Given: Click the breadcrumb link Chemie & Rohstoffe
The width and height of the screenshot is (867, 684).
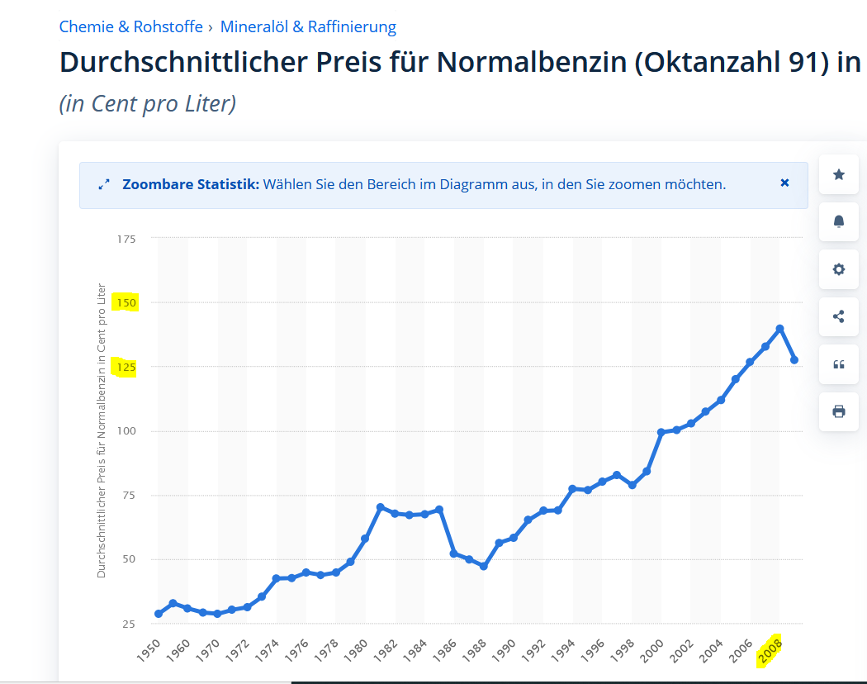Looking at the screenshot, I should (x=130, y=26).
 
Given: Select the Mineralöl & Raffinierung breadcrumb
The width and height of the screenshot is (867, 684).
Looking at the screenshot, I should (x=308, y=26).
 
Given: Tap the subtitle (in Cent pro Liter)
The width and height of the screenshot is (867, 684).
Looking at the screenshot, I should (x=148, y=104).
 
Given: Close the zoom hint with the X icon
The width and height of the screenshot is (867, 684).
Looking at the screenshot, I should (x=784, y=183).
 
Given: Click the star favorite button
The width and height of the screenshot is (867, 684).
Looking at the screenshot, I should (x=839, y=174).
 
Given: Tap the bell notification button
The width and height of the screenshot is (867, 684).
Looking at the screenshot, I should (x=839, y=221).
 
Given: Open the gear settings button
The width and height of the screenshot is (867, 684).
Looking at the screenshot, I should (x=839, y=269).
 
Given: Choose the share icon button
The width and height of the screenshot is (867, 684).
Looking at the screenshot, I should (x=839, y=316).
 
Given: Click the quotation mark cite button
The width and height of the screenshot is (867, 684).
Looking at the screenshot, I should (x=839, y=364).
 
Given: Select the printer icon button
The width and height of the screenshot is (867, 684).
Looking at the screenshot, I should (x=839, y=411).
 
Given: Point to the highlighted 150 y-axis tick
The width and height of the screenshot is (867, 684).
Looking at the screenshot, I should (x=126, y=303).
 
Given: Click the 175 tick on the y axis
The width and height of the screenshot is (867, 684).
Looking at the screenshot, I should (x=126, y=239).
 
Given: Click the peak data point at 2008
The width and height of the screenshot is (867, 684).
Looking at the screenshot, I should (x=779, y=329).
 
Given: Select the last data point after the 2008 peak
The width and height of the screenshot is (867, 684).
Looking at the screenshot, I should (x=794, y=360).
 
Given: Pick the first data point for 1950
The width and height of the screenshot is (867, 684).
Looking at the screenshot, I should (x=159, y=614).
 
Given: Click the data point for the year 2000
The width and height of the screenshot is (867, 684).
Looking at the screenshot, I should (x=661, y=432).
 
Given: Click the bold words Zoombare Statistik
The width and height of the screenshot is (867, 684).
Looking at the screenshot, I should (x=190, y=184).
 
